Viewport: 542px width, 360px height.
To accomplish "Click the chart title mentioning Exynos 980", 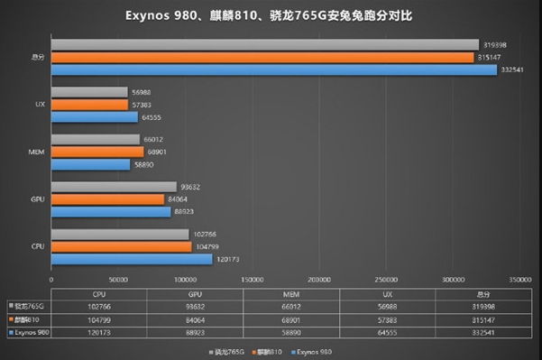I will pos(271,16).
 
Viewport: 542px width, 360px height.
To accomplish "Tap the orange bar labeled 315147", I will pos(262,58).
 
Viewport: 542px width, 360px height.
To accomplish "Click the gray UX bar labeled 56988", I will pos(89,92).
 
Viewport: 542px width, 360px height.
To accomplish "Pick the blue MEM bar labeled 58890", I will pos(90,165).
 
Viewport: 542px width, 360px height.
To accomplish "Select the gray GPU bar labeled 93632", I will pos(115,187).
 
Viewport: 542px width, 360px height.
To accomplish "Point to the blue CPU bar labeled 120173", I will pos(133,259).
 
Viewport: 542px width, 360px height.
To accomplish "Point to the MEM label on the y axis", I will pos(39,152).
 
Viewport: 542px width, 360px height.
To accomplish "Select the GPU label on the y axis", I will pos(39,199).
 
